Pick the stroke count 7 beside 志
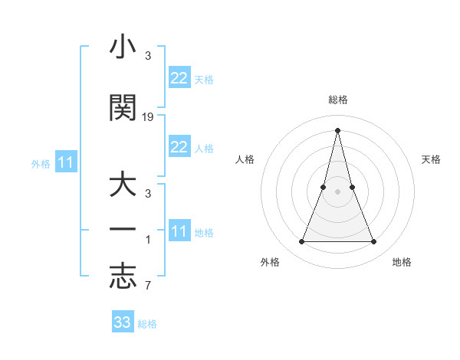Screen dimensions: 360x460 [x=147, y=286]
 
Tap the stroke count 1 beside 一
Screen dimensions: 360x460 [x=147, y=240]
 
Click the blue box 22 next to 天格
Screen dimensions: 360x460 [x=179, y=78]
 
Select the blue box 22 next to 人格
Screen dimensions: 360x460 [x=179, y=147]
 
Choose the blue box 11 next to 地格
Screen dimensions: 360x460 [x=179, y=231]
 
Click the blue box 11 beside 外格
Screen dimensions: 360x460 [x=65, y=162]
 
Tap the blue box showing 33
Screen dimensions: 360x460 [x=123, y=322]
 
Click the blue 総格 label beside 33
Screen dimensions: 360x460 [x=147, y=324]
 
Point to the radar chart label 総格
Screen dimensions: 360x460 [x=337, y=100]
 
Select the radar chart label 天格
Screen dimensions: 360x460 [x=431, y=159]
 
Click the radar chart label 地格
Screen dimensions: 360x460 [x=402, y=262]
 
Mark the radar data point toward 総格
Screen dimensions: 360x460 [x=337, y=130]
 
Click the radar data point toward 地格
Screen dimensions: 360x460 [x=373, y=242]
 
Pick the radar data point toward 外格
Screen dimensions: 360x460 [x=301, y=242]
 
